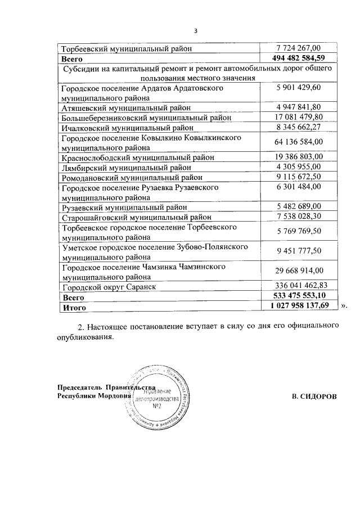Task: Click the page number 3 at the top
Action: click(x=195, y=31)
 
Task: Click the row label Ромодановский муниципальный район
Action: click(x=131, y=177)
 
